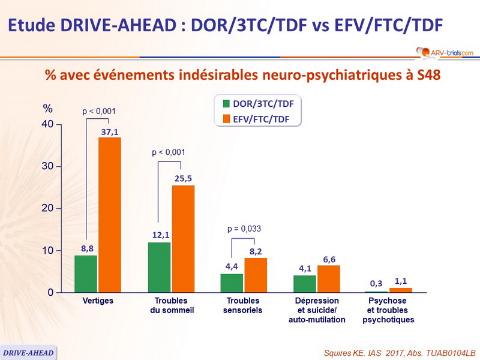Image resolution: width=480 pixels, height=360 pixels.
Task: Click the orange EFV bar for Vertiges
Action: [110, 215]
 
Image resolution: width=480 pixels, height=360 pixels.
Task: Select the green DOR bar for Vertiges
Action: [86, 274]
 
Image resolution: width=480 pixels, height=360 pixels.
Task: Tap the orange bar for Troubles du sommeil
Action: [183, 239]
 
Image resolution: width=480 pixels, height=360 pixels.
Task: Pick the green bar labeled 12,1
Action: [159, 267]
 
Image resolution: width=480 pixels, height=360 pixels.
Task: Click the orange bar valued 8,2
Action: [256, 275]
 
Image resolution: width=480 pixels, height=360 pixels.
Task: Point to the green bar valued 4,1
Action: [305, 284]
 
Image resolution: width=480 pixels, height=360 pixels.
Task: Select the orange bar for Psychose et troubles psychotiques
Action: [401, 290]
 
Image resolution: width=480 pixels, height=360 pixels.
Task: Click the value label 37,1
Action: [110, 131]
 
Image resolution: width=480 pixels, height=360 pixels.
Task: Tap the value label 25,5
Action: [183, 179]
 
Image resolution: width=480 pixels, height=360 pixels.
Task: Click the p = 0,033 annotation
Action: [244, 229]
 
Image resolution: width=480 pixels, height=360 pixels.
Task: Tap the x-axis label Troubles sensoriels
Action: [244, 305]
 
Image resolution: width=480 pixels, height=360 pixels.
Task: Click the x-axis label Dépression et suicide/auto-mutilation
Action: [317, 310]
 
